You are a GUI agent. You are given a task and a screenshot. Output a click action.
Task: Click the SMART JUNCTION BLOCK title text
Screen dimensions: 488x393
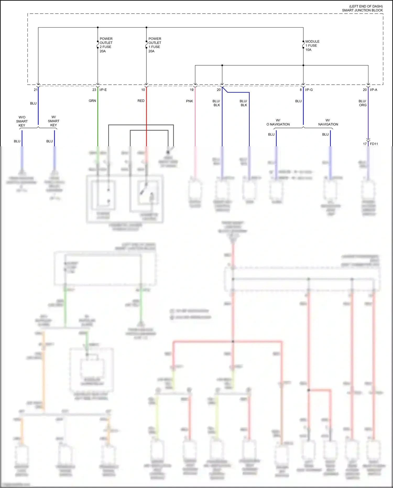coord(362,10)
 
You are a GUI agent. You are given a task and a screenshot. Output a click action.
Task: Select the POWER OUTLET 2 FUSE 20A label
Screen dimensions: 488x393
coord(106,45)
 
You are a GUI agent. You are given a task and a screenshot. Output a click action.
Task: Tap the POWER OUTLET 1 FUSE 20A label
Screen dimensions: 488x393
coord(155,45)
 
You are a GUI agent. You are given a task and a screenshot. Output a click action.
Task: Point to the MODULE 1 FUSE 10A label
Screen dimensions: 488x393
coord(312,46)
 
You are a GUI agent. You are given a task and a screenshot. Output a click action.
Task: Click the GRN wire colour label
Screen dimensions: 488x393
coord(92,101)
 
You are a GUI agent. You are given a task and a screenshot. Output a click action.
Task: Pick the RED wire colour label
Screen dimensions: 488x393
coord(141,101)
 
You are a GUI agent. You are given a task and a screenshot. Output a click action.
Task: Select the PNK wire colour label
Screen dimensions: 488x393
coord(189,101)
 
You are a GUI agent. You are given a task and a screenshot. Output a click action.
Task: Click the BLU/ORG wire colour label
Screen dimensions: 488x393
coord(362,103)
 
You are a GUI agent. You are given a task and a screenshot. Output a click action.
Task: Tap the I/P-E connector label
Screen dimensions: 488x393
coord(103,90)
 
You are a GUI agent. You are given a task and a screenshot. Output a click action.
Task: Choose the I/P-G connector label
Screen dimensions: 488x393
coord(309,90)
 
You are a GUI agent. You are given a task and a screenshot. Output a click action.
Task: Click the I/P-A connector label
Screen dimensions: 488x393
coord(373,90)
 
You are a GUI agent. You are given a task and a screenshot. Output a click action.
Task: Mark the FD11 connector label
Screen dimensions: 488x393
coord(374,144)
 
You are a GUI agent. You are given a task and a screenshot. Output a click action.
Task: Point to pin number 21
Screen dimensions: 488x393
coord(36,90)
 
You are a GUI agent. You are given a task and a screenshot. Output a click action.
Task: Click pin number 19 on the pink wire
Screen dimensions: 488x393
coord(192,90)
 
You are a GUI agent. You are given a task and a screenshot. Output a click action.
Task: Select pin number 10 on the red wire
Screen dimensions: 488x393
coord(143,90)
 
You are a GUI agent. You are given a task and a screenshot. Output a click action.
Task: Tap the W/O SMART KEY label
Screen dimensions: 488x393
coord(22,121)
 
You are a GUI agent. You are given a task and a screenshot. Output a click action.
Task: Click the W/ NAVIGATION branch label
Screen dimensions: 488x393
coord(328,122)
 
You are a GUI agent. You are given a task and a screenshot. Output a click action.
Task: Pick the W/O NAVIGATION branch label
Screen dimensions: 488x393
coord(278,122)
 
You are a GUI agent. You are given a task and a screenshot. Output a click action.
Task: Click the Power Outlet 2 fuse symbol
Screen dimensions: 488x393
coord(98,45)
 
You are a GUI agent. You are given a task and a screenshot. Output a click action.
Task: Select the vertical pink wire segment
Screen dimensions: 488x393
coord(195,118)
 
